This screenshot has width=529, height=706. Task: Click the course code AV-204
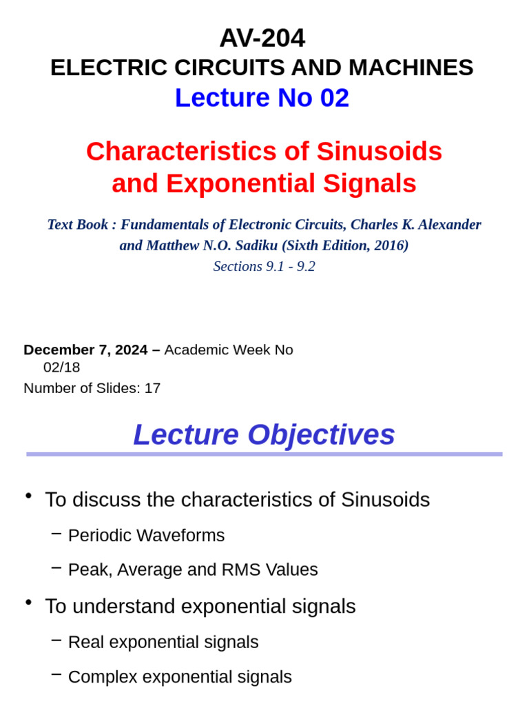[x=262, y=38]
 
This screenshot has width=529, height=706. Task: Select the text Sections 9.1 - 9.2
[x=264, y=266]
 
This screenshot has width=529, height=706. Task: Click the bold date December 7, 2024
[x=85, y=350]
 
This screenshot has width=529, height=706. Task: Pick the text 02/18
[x=62, y=367]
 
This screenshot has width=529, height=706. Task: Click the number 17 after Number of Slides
[x=152, y=388]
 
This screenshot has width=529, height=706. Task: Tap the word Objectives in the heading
[x=321, y=435]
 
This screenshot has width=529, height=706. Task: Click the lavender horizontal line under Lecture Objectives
[x=264, y=454]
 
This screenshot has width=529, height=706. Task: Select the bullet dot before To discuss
[x=28, y=496]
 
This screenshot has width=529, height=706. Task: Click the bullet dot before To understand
[x=28, y=603]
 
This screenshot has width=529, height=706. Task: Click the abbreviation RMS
[x=238, y=570]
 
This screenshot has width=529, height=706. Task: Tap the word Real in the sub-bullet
[x=86, y=643]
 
